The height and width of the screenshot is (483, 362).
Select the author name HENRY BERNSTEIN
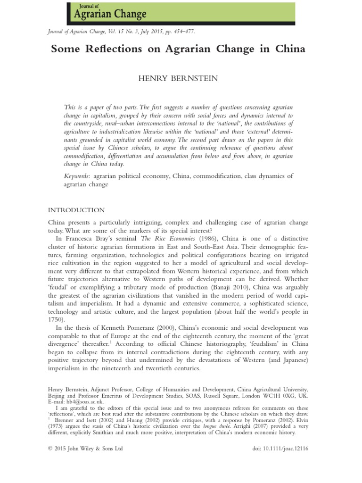[178, 79]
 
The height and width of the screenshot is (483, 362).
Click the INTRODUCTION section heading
[77, 210]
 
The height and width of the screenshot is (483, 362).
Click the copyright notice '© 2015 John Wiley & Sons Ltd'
[85, 449]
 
